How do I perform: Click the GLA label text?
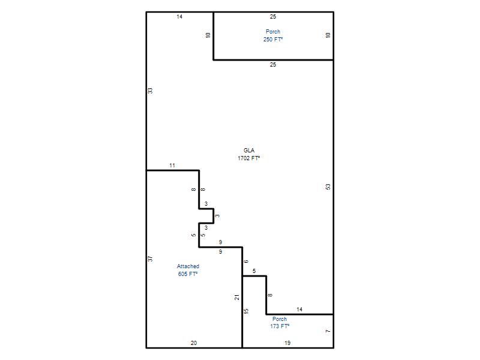point(249,151)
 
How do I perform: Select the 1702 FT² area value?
point(249,158)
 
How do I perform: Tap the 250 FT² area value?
point(273,39)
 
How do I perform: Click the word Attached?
point(188,266)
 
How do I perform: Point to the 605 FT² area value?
point(188,274)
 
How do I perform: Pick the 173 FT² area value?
point(280,326)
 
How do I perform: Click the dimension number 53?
point(328,187)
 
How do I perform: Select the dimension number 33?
point(150,91)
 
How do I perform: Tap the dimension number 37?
point(150,259)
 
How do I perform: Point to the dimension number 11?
point(172,166)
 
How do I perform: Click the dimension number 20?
point(194,343)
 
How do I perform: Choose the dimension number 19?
point(287,343)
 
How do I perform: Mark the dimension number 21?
point(237,297)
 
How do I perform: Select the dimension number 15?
point(246,311)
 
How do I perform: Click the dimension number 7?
point(328,331)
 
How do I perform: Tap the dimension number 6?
point(246,262)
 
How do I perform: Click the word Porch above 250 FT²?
point(273,32)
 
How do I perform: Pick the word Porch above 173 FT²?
point(280,319)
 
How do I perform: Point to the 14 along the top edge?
point(179,17)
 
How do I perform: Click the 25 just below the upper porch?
point(273,65)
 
